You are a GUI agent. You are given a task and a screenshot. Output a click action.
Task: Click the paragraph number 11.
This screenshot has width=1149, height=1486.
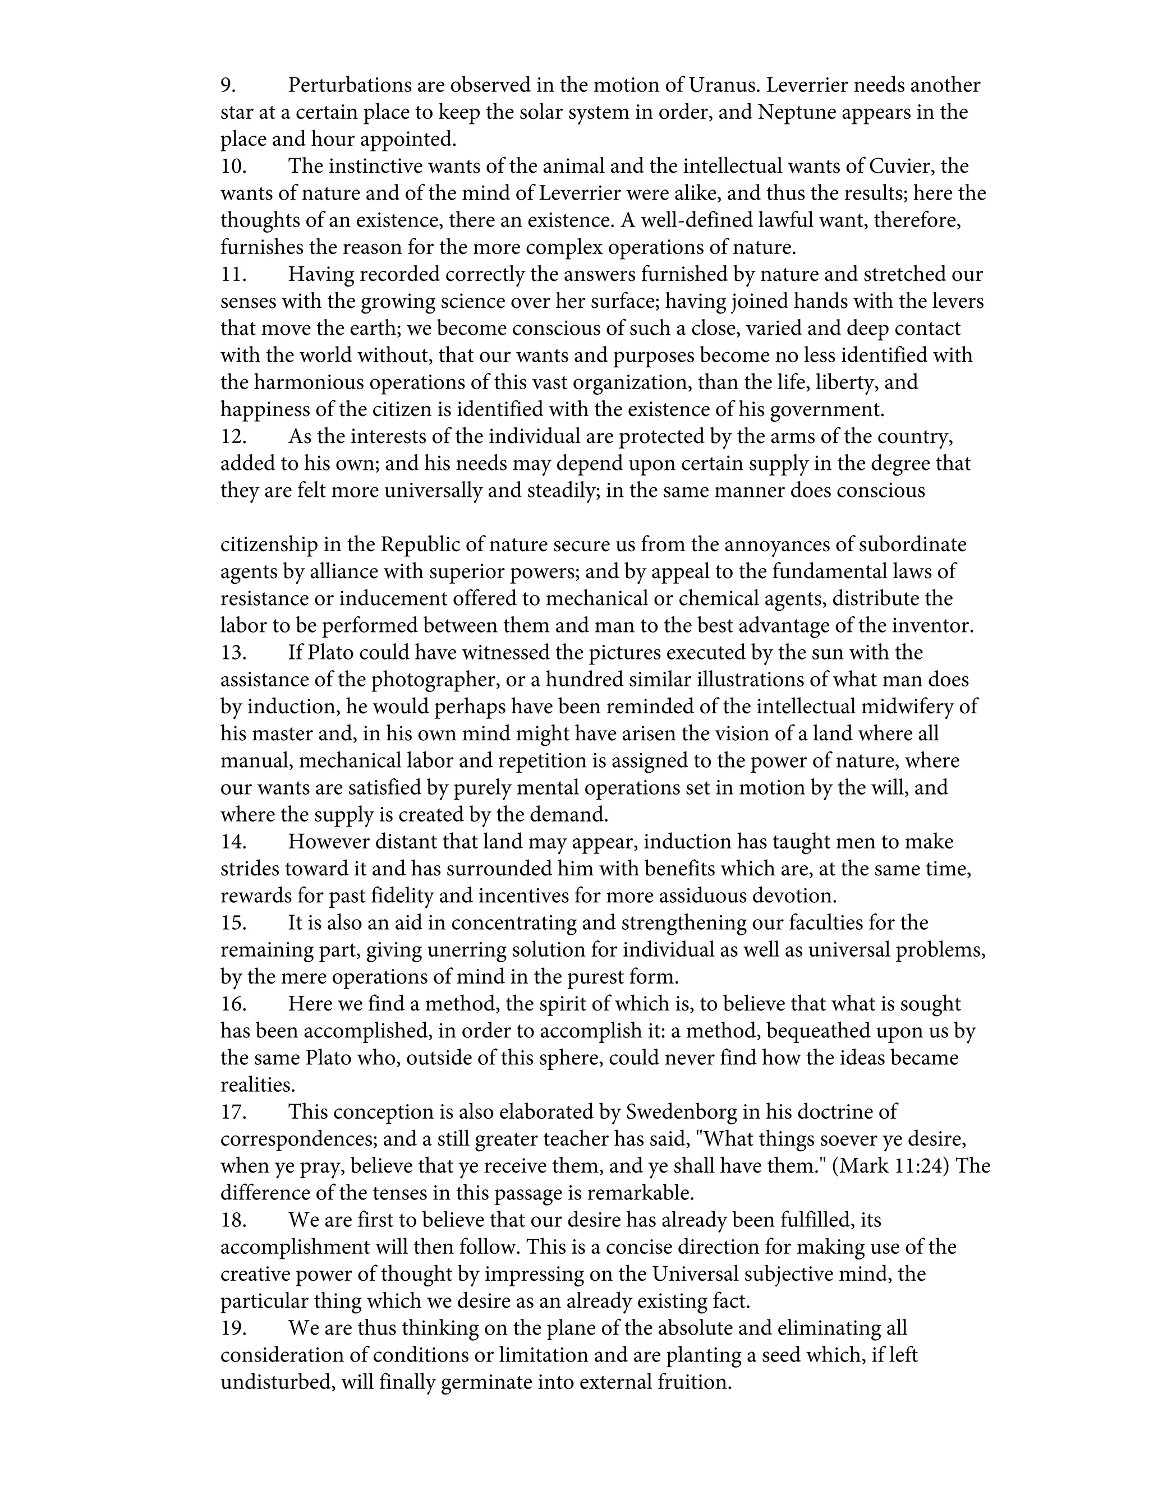point(233,275)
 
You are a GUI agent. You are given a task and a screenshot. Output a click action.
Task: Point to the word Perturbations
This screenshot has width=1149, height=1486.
point(347,86)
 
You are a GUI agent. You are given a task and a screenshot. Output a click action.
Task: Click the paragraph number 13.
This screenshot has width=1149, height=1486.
point(233,653)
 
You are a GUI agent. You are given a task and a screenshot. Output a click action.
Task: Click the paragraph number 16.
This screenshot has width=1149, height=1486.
point(233,1004)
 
